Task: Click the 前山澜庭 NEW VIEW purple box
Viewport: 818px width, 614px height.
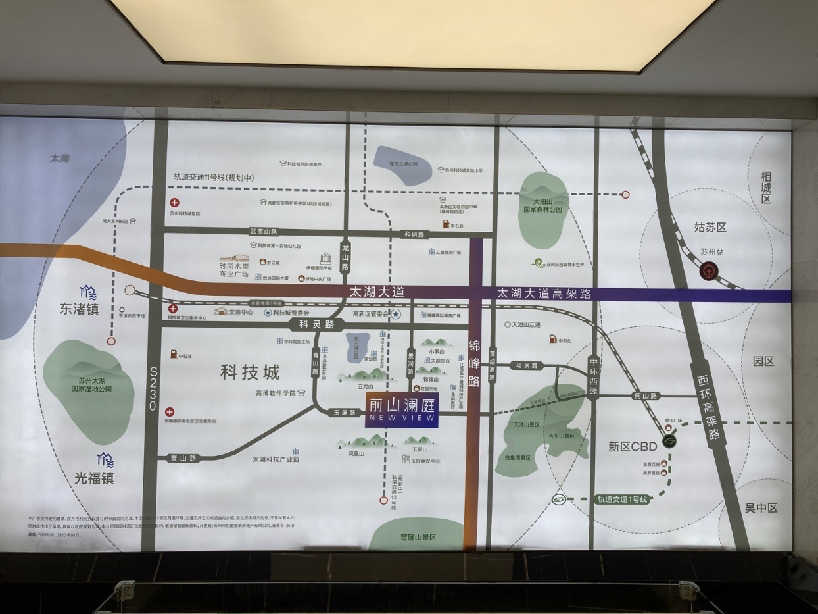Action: [x=402, y=411]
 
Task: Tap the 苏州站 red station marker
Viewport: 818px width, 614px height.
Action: [x=708, y=270]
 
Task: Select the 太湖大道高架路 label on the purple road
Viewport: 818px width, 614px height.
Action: [x=543, y=294]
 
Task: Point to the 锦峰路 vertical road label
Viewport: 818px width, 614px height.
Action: [x=475, y=363]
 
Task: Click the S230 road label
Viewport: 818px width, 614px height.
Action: [x=153, y=389]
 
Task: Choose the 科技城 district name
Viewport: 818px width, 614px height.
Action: [x=250, y=372]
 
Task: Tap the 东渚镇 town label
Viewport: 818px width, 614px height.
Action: [x=79, y=309]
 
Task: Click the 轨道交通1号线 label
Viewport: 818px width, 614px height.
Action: [x=622, y=499]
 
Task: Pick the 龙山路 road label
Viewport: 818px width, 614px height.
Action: [x=345, y=255]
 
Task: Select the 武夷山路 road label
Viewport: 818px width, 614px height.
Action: [x=264, y=232]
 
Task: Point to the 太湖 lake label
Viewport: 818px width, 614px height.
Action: [x=59, y=158]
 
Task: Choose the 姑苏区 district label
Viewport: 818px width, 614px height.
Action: [x=710, y=227]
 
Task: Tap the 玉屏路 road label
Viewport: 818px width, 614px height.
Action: [x=345, y=413]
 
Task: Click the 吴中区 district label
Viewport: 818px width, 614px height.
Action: [x=761, y=508]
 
